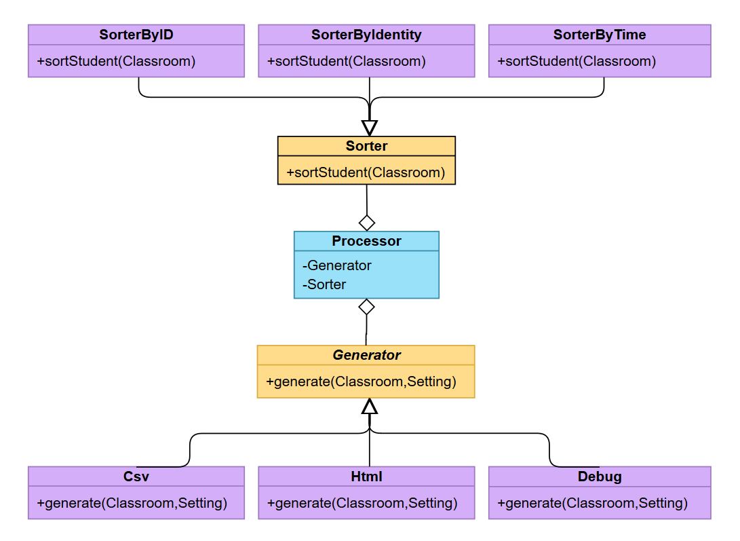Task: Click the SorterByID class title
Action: click(136, 35)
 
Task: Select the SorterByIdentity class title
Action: click(366, 35)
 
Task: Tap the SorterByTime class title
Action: click(600, 35)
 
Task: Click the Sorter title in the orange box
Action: click(366, 146)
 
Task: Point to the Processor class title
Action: click(366, 241)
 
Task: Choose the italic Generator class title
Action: click(366, 355)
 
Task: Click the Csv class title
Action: click(136, 477)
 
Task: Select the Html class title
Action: click(366, 477)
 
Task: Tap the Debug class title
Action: click(600, 477)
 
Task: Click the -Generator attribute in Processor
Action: click(337, 265)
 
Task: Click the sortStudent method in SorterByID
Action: click(116, 61)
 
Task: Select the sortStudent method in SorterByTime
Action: click(577, 61)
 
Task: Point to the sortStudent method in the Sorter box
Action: click(366, 172)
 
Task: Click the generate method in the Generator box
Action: click(361, 381)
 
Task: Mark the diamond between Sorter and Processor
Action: click(367, 222)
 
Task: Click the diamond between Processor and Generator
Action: click(366, 307)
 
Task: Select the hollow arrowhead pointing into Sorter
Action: click(369, 128)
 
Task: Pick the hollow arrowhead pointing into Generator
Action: click(369, 407)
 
